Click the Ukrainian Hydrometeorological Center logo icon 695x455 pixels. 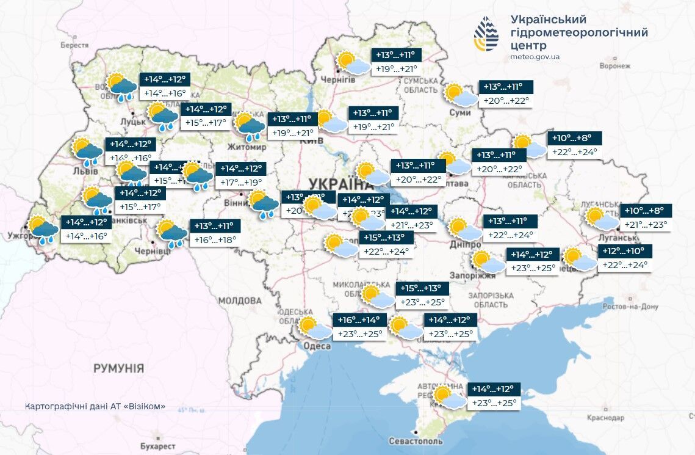486,35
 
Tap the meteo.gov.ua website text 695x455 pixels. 535,57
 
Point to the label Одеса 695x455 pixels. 317,346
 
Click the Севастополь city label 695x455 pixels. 416,441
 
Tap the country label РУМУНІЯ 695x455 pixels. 119,368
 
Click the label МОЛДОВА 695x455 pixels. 240,301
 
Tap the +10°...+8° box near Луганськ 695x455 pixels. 646,211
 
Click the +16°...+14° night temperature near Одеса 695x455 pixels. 359,320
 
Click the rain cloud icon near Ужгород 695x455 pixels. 43,231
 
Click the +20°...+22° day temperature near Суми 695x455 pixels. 506,101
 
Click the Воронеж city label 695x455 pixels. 614,65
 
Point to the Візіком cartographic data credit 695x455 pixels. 95,407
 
